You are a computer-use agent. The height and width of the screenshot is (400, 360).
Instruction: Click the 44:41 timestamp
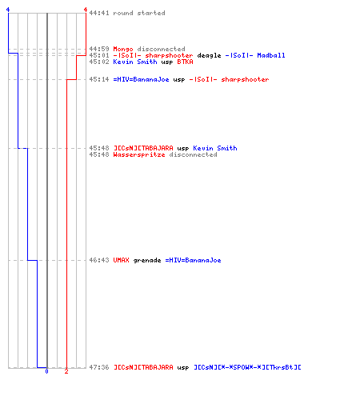tap(99, 13)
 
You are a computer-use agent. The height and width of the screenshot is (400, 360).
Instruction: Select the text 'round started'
tap(139, 13)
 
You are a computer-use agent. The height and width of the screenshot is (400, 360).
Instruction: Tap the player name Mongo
tap(123, 49)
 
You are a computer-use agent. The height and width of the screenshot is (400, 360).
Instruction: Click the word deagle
tap(209, 56)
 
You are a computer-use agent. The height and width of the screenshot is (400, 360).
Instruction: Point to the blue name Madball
tap(271, 55)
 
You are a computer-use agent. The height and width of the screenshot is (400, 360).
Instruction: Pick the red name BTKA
tap(185, 62)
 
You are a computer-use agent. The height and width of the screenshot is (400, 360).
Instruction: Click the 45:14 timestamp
tap(99, 79)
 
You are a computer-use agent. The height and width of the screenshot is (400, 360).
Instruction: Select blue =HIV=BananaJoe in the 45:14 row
tap(141, 79)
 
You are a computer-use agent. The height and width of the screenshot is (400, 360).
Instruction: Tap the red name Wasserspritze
tap(139, 154)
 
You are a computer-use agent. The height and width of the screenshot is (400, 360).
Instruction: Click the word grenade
tap(147, 261)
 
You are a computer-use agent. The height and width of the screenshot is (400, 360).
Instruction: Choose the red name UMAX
tap(121, 260)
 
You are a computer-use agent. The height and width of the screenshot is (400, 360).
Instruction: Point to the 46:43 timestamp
tap(99, 260)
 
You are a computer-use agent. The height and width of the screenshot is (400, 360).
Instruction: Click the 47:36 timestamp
tap(99, 367)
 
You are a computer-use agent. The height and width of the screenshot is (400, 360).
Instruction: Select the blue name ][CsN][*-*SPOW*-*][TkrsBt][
tap(247, 367)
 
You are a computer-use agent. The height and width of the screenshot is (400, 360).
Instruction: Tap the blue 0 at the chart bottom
tap(46, 371)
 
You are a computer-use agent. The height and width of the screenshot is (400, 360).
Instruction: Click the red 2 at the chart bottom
tap(66, 371)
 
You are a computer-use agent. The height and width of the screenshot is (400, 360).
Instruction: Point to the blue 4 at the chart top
tap(8, 10)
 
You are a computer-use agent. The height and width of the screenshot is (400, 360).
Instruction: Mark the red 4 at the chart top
tap(86, 10)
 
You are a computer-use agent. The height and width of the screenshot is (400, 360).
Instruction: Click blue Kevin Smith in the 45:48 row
tap(215, 148)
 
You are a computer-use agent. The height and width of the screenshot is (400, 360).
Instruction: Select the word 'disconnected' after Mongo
tap(161, 49)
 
